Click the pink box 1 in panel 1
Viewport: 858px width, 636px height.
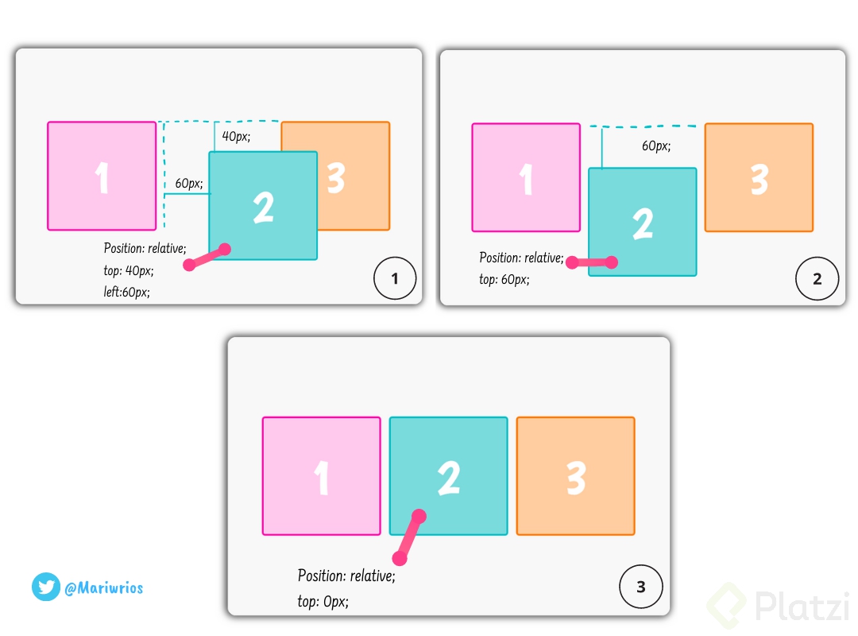(x=102, y=176)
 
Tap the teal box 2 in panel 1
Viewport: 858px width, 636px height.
(x=263, y=206)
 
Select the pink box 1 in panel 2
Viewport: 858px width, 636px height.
(x=526, y=177)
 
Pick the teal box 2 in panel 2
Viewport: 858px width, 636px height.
(x=642, y=222)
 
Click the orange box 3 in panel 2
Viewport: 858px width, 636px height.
(x=759, y=177)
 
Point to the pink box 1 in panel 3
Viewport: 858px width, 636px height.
(x=322, y=476)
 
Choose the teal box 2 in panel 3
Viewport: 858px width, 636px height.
(x=448, y=476)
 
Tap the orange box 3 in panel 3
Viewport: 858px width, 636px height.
(x=575, y=476)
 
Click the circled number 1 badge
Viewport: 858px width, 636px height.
(x=395, y=278)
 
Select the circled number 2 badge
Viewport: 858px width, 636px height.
(x=817, y=278)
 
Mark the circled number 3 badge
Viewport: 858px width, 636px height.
(x=640, y=588)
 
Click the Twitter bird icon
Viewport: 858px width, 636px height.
(x=46, y=588)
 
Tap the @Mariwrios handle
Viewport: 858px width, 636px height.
(x=103, y=588)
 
